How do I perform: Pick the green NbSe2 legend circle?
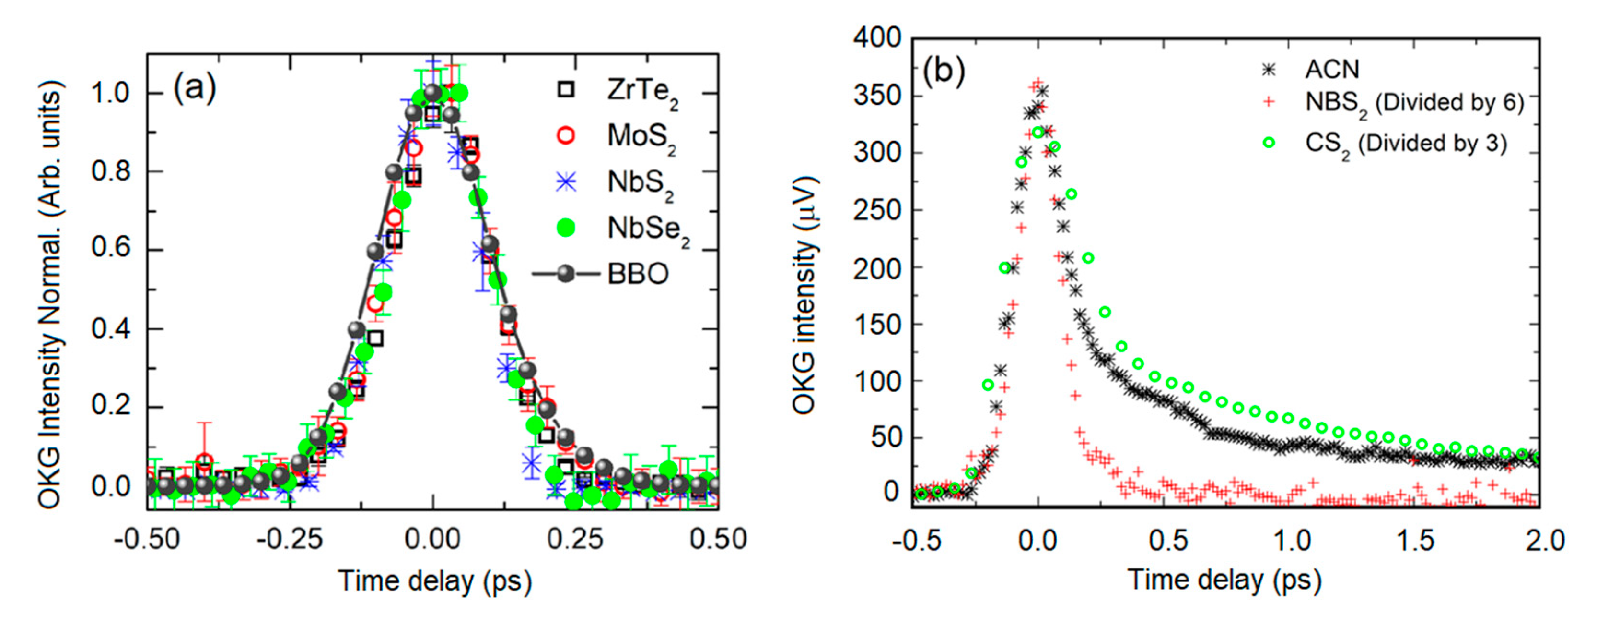click(x=565, y=228)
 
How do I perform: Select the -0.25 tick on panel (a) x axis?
click(x=290, y=539)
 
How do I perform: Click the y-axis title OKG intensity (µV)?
click(x=805, y=295)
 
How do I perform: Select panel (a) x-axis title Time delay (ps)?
click(x=434, y=581)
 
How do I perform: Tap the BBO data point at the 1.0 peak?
click(x=433, y=93)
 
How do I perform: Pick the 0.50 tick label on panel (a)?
click(x=718, y=539)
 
